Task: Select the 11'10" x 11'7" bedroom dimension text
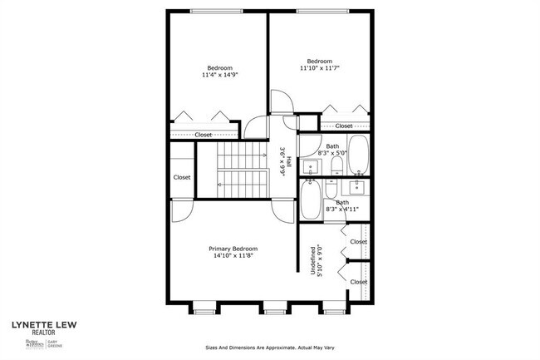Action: pyautogui.click(x=319, y=68)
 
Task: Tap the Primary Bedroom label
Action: pyautogui.click(x=233, y=249)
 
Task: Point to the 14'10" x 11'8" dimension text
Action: pyautogui.click(x=233, y=256)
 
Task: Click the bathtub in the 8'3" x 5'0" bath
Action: pyautogui.click(x=359, y=155)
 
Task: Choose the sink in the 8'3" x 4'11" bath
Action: pyautogui.click(x=358, y=185)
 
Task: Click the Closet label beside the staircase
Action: pyautogui.click(x=182, y=177)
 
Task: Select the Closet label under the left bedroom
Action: pyautogui.click(x=203, y=135)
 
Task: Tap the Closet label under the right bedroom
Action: pyautogui.click(x=343, y=126)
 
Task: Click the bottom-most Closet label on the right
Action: pyautogui.click(x=358, y=282)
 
